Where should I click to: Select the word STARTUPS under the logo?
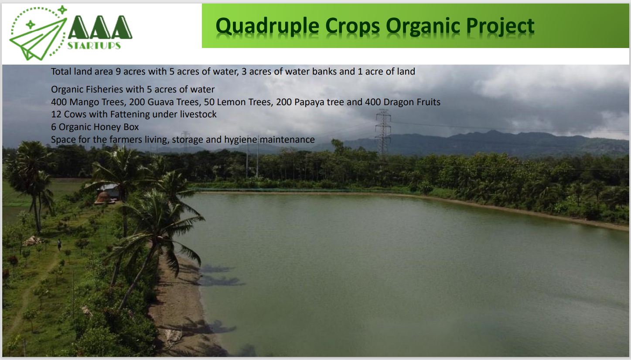tap(94, 46)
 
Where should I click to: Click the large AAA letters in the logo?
tap(100, 27)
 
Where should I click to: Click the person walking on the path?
tap(59, 244)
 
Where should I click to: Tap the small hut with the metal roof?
tap(109, 193)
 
